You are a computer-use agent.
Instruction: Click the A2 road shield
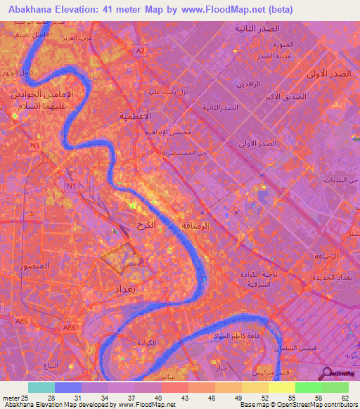[141, 51]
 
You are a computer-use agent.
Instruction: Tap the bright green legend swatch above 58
[308, 387]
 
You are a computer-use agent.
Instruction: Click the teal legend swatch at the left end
[41, 387]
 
